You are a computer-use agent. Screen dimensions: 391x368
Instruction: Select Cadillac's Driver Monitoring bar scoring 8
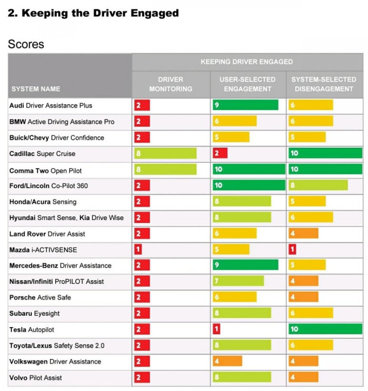[165, 153]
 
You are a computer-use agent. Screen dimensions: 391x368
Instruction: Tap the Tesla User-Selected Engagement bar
[216, 330]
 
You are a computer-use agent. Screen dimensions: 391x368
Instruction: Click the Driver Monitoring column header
[170, 84]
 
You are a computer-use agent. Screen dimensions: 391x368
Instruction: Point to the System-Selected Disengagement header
[324, 84]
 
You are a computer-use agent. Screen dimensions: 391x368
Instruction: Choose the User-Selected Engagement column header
[247, 84]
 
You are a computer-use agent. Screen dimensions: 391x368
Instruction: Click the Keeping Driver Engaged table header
[247, 62]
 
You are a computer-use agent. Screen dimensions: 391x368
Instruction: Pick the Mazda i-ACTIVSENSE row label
[43, 250]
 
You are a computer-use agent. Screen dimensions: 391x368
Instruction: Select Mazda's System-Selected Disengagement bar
[292, 250]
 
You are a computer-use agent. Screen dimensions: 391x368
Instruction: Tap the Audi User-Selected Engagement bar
[245, 105]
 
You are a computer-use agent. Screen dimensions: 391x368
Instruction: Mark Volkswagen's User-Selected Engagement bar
[227, 361]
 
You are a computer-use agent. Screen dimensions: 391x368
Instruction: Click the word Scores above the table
[26, 44]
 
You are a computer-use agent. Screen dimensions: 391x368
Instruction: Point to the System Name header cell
[36, 89]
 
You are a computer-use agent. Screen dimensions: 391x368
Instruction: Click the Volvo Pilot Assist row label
[36, 378]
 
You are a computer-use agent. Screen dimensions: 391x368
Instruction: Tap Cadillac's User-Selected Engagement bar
[220, 153]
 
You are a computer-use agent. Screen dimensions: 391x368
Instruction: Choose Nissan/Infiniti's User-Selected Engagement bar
[238, 281]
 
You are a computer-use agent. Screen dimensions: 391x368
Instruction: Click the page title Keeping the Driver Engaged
[93, 13]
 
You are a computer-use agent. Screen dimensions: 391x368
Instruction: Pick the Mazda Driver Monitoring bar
[138, 250]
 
